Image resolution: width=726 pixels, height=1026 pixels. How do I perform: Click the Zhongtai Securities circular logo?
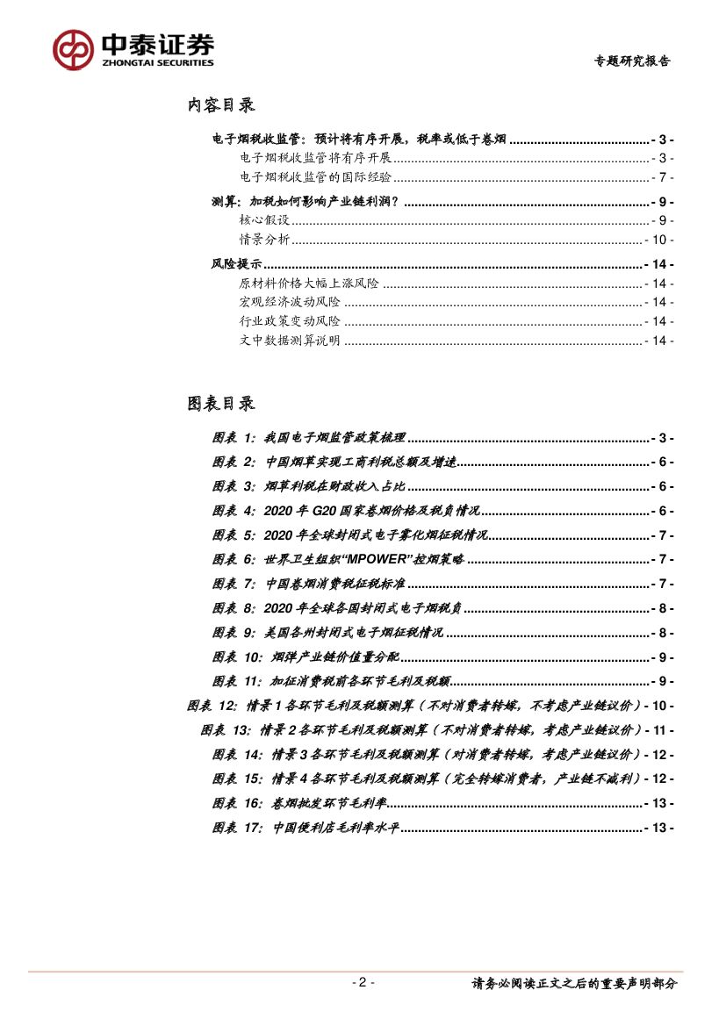[x=73, y=50]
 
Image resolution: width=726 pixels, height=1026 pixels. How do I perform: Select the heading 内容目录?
[x=220, y=105]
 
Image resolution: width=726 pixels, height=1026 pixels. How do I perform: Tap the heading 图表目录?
[x=220, y=403]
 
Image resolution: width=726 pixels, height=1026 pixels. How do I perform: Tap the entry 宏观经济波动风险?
[x=290, y=302]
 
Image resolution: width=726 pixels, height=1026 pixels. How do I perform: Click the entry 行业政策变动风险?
[x=290, y=321]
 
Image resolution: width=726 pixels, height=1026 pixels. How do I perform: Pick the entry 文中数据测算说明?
[x=290, y=341]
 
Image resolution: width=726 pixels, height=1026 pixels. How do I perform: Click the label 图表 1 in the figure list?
[x=233, y=437]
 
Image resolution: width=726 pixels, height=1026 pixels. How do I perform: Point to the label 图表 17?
[x=236, y=827]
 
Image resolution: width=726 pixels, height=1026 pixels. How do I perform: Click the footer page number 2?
[x=363, y=982]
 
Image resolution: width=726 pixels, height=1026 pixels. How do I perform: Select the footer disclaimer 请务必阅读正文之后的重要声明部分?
[x=575, y=984]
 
